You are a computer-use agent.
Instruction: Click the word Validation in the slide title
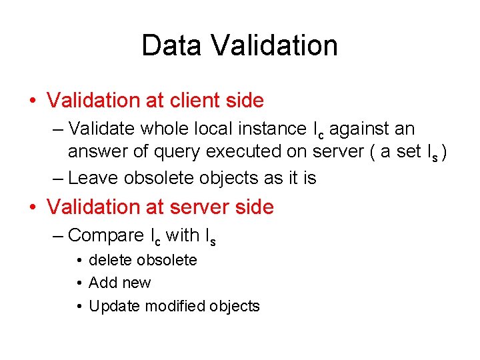(274, 46)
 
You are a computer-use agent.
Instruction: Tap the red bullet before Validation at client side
(33, 101)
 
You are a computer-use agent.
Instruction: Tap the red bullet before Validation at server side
(33, 207)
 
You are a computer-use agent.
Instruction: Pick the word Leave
(90, 178)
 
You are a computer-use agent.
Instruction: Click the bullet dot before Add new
(79, 283)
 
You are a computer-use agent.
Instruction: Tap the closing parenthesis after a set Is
(444, 152)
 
